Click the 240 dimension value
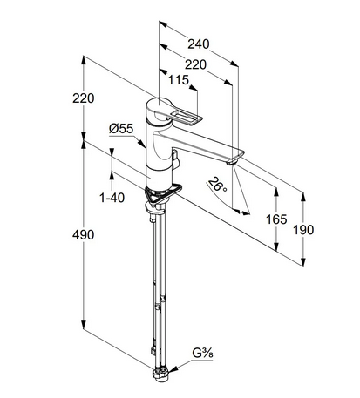click(199, 44)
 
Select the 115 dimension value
click(179, 80)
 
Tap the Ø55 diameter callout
click(121, 129)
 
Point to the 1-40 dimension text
click(112, 198)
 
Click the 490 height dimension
click(83, 235)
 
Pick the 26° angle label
click(217, 186)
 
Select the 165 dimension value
click(276, 219)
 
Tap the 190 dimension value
click(303, 230)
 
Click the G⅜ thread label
click(202, 354)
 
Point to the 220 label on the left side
click(84, 98)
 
